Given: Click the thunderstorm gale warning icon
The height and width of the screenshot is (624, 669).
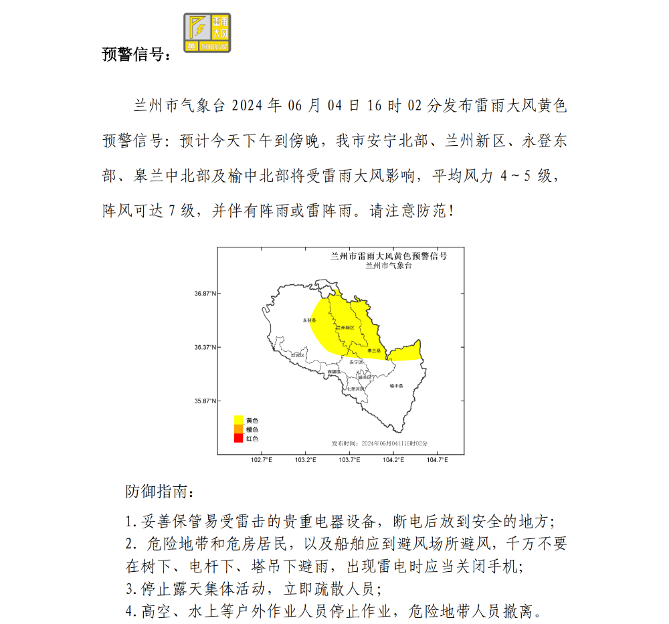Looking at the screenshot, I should pyautogui.click(x=207, y=33).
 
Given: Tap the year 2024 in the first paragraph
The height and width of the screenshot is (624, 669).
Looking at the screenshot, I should pyautogui.click(x=246, y=106).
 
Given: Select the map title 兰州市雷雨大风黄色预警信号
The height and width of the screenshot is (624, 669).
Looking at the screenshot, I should pyautogui.click(x=389, y=256).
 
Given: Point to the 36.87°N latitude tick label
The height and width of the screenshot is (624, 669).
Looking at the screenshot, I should pyautogui.click(x=205, y=294).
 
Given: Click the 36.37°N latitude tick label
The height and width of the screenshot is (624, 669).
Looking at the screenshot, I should pyautogui.click(x=205, y=347).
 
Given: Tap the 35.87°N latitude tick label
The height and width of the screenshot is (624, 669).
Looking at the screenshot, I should pyautogui.click(x=205, y=401).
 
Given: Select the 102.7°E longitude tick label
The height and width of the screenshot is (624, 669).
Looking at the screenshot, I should pyautogui.click(x=261, y=459).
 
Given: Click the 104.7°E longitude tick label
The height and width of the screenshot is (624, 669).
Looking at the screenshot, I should pyautogui.click(x=437, y=459).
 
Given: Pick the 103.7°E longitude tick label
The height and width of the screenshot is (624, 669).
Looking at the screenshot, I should pyautogui.click(x=349, y=459).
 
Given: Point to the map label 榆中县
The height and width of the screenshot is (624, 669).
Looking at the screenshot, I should pyautogui.click(x=397, y=385).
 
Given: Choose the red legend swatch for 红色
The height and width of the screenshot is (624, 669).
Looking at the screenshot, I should pyautogui.click(x=237, y=438).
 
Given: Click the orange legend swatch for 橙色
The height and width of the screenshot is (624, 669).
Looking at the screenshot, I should pyautogui.click(x=237, y=429).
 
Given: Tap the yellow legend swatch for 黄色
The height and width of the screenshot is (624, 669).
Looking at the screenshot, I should pyautogui.click(x=237, y=420).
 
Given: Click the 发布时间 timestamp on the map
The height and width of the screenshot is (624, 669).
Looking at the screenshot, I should pyautogui.click(x=379, y=443).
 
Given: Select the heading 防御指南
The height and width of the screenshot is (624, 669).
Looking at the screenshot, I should pyautogui.click(x=161, y=492).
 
